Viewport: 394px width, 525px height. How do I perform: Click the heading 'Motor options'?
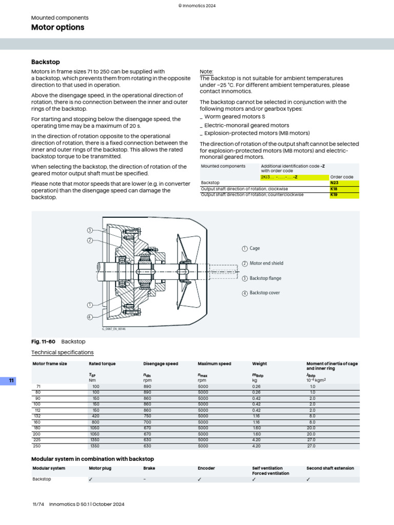coord(57,27)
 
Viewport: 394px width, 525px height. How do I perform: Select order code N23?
coord(334,183)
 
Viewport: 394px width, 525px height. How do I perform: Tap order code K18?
coord(334,189)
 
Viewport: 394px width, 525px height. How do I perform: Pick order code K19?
coord(334,195)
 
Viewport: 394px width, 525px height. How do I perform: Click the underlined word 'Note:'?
coord(206,72)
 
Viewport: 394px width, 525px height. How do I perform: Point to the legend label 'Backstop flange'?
coord(265,278)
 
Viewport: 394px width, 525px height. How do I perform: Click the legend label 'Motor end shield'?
coord(266,264)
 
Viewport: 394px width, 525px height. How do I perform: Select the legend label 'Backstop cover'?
coord(265,293)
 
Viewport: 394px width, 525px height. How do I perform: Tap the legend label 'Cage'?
coord(254,249)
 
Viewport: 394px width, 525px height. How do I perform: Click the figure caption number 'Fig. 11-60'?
coord(43,341)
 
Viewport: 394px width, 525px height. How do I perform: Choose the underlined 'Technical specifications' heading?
coord(63,352)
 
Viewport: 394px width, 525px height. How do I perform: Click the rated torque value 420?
coord(96,416)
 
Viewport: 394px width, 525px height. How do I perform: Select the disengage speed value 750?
coord(148,416)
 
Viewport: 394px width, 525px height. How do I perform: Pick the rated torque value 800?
coord(96,422)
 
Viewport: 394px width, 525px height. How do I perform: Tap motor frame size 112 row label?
coord(36,410)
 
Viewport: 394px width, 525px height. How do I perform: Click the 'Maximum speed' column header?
coord(214,364)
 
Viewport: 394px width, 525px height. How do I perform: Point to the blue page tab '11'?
coord(12,380)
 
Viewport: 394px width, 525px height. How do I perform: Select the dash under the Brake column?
coord(145,479)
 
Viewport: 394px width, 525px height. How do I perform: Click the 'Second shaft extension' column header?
coord(330,468)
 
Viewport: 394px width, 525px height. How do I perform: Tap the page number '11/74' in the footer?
coord(39,504)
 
